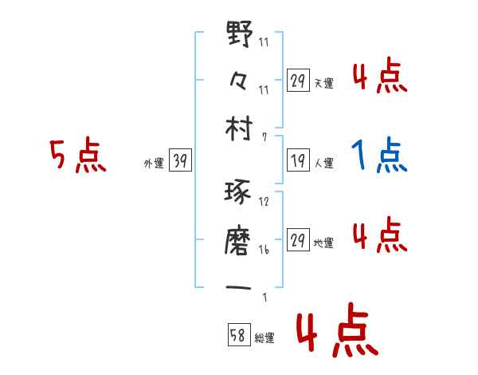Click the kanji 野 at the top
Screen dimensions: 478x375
click(240, 37)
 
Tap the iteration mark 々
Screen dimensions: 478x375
click(240, 82)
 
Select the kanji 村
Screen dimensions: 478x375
click(240, 129)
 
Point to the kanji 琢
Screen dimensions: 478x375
click(240, 195)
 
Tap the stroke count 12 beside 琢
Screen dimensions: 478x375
click(264, 202)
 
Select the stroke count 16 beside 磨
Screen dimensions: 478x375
click(264, 248)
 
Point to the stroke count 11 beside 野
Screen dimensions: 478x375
click(264, 43)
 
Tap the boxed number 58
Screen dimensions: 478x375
click(238, 334)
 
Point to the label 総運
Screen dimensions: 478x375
click(264, 337)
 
